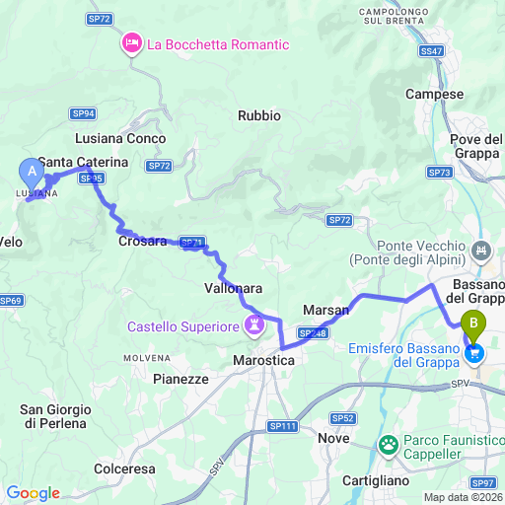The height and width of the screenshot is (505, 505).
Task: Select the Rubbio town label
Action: click(x=259, y=115)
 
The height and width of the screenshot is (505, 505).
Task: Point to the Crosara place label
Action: click(x=142, y=241)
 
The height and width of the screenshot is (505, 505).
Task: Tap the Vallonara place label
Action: click(x=233, y=287)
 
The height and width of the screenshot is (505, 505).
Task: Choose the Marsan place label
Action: click(x=326, y=310)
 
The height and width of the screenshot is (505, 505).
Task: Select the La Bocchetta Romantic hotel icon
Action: click(x=131, y=44)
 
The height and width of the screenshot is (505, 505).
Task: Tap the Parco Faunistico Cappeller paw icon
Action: click(x=391, y=446)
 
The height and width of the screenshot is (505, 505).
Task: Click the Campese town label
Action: click(x=434, y=95)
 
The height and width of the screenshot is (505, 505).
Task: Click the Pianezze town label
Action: click(x=181, y=378)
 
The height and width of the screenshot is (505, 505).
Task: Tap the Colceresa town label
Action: click(x=130, y=469)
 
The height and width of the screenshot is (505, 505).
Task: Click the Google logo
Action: click(x=32, y=493)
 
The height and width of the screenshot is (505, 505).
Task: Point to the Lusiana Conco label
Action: click(x=120, y=139)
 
